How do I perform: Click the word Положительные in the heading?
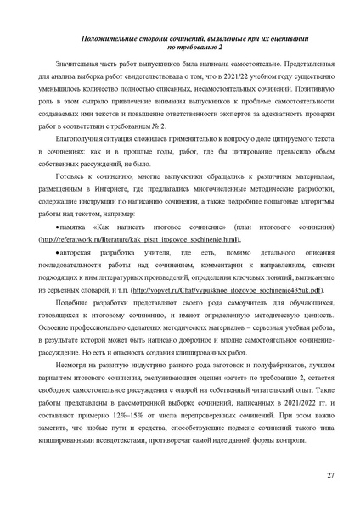click(x=98, y=39)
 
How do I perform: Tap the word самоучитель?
click(x=213, y=303)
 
